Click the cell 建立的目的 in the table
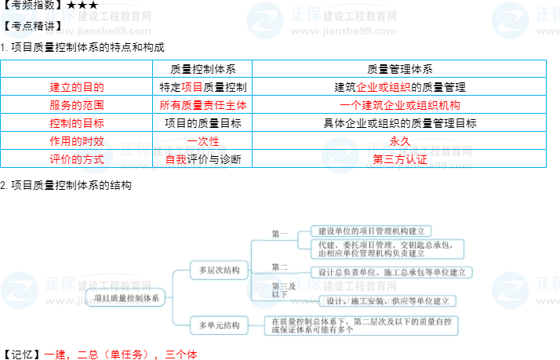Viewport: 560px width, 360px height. point(76,87)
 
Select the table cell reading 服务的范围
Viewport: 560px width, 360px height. point(76,104)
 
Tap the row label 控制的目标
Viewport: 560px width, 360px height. point(76,123)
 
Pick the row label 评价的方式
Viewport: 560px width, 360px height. point(76,159)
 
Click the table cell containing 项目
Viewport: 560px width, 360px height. point(192,87)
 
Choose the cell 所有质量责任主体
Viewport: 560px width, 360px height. point(202,104)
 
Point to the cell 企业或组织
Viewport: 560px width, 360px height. point(384,87)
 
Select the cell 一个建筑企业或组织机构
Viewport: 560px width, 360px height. point(400,104)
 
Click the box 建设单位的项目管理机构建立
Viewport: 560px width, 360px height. point(372,231)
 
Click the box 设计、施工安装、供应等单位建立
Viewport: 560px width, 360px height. point(388,300)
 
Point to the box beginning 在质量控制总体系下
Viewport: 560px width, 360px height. point(361,325)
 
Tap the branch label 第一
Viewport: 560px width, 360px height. point(280,234)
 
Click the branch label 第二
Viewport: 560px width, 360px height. point(280,267)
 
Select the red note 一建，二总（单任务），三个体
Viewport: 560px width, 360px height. point(120,355)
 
